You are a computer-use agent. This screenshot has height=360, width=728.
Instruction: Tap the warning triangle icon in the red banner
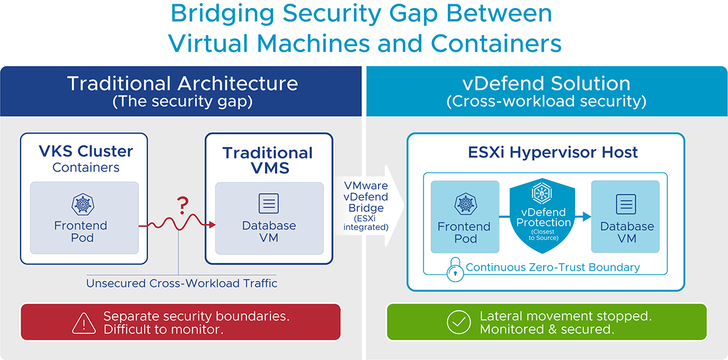click(x=80, y=322)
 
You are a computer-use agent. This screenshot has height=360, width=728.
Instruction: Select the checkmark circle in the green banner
click(x=459, y=322)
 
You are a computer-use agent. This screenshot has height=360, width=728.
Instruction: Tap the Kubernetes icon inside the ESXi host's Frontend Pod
click(x=464, y=205)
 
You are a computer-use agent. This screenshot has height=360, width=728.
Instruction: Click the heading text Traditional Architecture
click(x=182, y=83)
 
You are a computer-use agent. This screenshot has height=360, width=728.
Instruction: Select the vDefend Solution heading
click(x=546, y=83)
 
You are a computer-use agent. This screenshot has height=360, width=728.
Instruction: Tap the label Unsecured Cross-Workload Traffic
click(x=181, y=283)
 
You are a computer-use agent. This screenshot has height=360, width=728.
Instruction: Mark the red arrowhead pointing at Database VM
click(x=212, y=226)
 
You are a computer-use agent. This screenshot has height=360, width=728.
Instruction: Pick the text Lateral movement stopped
click(x=565, y=316)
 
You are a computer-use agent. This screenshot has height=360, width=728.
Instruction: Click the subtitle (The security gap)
click(x=182, y=102)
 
